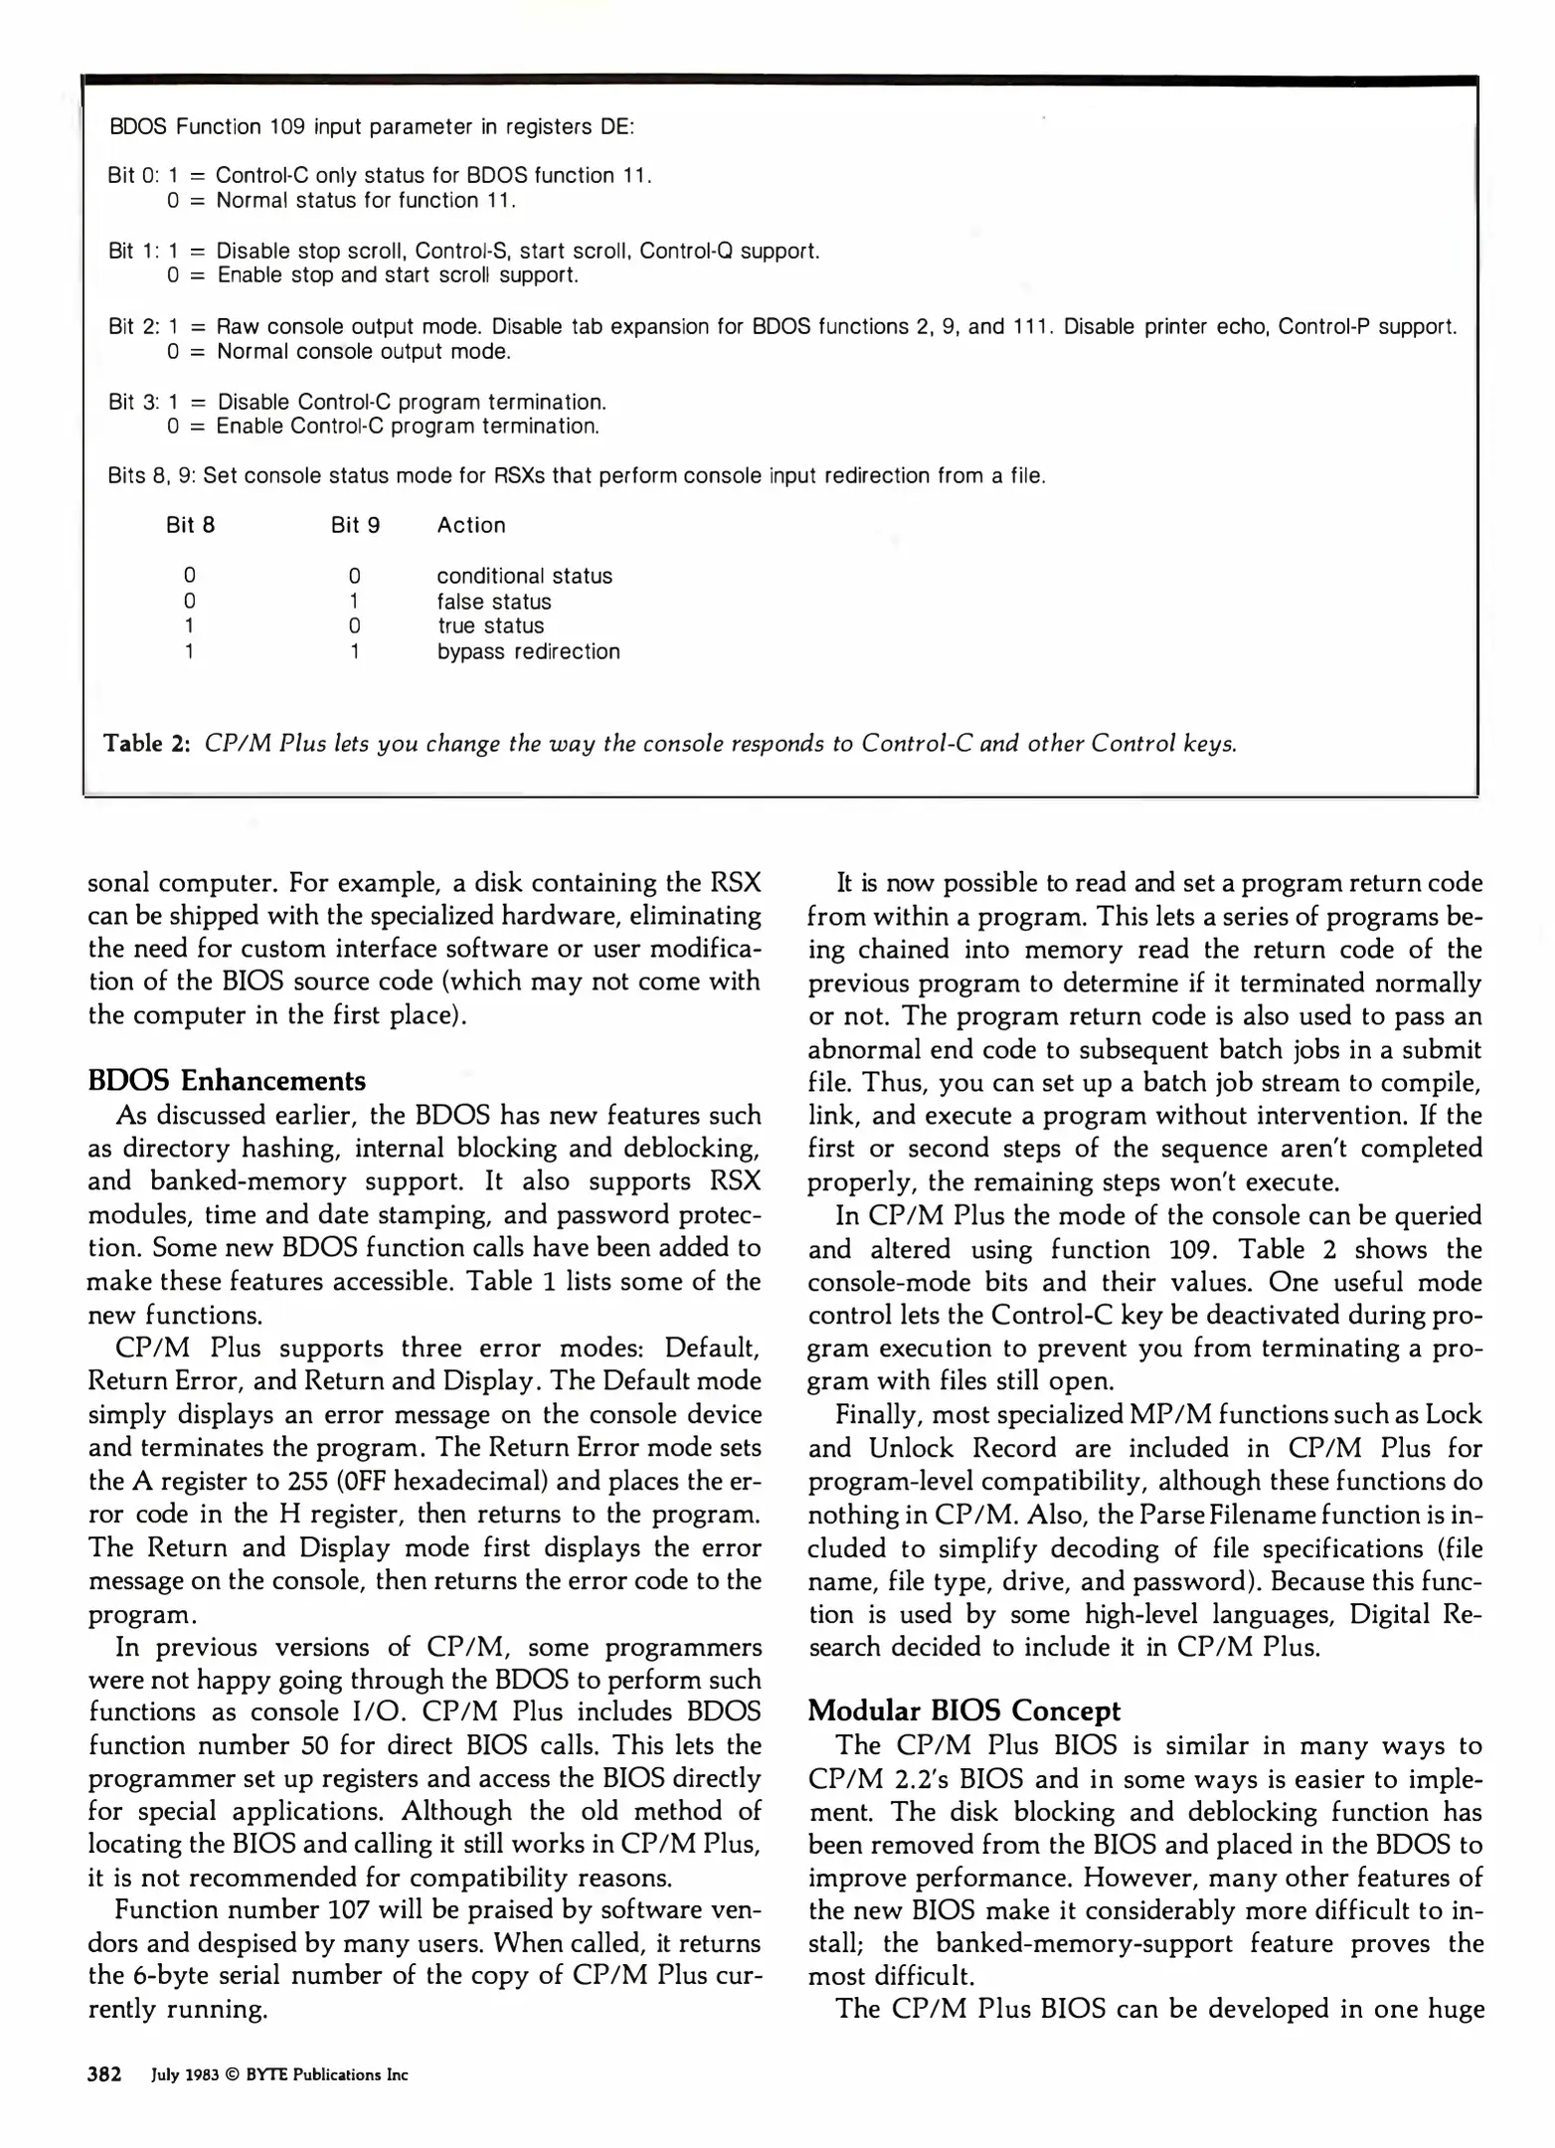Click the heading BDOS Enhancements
pos(227,1081)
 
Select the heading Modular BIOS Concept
pos(963,1710)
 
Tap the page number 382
pos(104,2074)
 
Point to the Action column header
pos(470,525)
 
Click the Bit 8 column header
pos(190,525)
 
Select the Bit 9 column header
pos(355,525)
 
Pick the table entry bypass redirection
pos(528,651)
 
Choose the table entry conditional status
pos(524,576)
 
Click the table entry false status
pos(494,602)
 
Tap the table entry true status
pos(491,626)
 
